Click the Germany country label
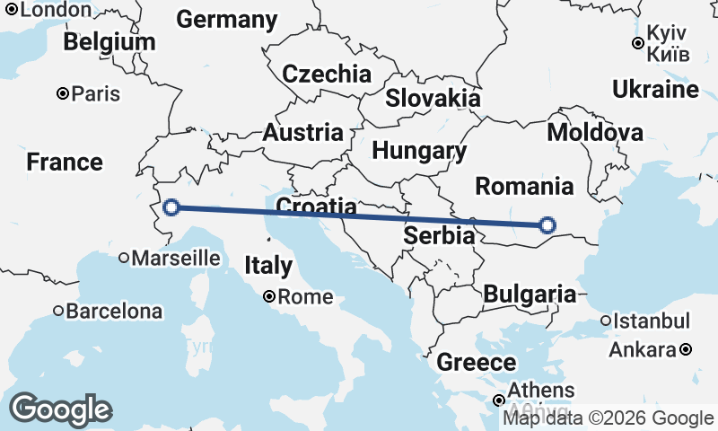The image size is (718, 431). coord(227,20)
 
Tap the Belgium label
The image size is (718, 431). coord(109,42)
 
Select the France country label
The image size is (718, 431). coord(65,163)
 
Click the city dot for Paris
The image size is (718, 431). coord(63,93)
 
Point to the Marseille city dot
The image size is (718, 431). coord(124,258)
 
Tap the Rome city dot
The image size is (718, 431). coord(268,296)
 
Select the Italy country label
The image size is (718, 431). coord(268,266)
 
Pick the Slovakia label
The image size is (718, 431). coord(433,98)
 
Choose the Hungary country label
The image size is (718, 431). coord(420,151)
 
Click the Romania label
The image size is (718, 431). coord(524,187)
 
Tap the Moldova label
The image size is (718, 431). coord(595,134)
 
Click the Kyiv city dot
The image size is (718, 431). coord(637,42)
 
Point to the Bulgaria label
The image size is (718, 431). coord(530,294)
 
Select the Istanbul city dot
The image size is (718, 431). coord(607,321)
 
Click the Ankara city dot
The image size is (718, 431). coord(686,349)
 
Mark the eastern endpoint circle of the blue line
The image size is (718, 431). coord(547,225)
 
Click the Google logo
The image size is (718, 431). coord(61,409)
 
